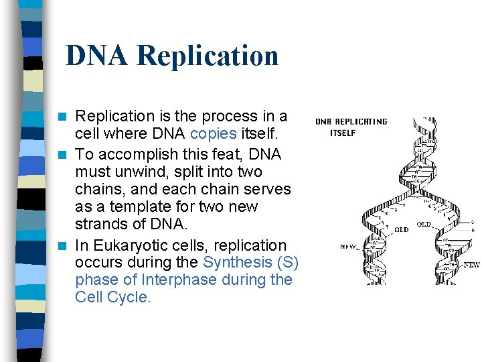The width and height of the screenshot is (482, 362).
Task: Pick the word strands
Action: click(x=101, y=223)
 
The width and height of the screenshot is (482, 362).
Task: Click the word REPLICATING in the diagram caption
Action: click(x=361, y=122)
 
